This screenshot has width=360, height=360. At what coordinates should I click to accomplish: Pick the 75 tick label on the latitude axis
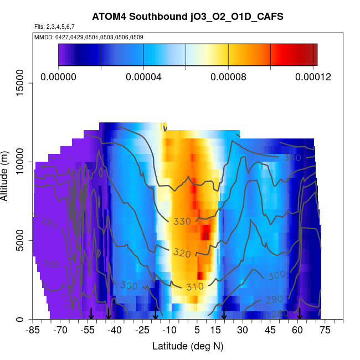click(325, 331)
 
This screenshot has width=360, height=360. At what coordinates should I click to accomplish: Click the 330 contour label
click(182, 222)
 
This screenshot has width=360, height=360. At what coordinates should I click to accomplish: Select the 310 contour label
click(195, 286)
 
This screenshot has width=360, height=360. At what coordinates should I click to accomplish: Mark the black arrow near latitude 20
click(224, 314)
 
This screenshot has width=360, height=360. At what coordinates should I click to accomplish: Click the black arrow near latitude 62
click(300, 314)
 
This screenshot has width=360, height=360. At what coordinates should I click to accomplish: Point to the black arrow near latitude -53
click(91, 314)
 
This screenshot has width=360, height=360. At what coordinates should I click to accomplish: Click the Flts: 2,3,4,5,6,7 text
click(54, 27)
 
